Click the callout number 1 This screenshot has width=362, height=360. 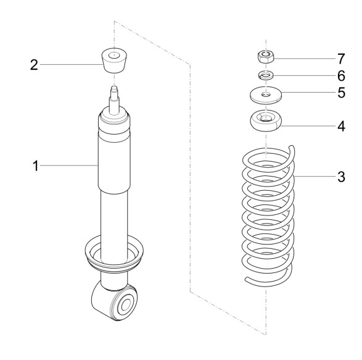(x=35, y=166)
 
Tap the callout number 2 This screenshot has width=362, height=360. (x=34, y=65)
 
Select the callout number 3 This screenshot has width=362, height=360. (x=341, y=177)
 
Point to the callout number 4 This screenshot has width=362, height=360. (x=341, y=126)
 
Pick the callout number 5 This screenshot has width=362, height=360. (x=341, y=93)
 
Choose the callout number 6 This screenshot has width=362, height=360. (x=341, y=76)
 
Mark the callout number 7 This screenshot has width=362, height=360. (x=341, y=59)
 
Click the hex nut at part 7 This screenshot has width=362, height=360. (x=266, y=57)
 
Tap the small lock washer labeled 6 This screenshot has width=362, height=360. (x=266, y=75)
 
